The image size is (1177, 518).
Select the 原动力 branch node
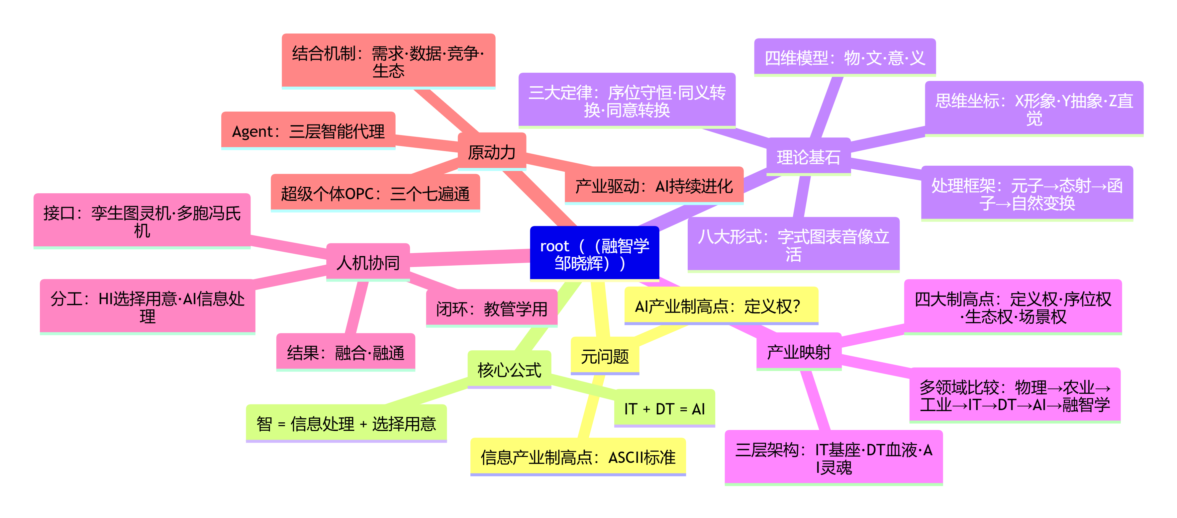pos(492,152)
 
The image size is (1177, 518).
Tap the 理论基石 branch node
pos(808,157)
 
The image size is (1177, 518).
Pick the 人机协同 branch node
pos(368,262)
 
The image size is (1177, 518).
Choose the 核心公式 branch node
pos(510,370)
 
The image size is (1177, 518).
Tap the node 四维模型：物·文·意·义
pos(845,57)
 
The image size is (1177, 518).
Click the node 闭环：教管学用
pos(492,308)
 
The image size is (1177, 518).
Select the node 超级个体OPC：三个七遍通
pos(376,193)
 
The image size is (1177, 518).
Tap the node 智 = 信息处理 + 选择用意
pos(346,423)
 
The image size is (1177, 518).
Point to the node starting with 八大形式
pos(794,245)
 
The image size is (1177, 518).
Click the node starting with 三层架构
pos(834,458)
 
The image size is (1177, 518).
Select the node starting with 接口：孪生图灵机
pos(142,221)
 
